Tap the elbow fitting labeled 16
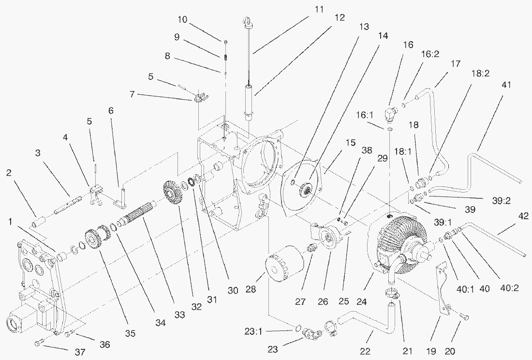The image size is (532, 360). [389, 115]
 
